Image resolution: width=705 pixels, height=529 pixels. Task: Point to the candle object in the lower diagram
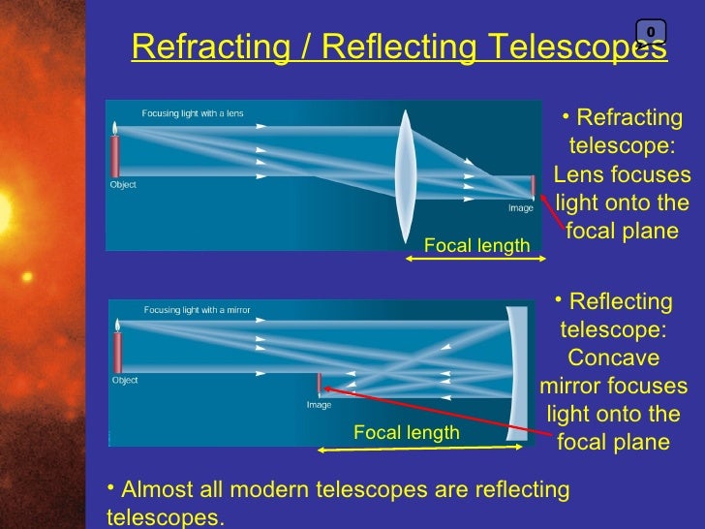pos(117,349)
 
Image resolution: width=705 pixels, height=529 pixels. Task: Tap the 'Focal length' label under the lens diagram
pos(477,246)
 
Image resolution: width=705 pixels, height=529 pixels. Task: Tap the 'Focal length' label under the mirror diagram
pos(406,433)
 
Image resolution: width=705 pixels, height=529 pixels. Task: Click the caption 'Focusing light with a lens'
pos(193,113)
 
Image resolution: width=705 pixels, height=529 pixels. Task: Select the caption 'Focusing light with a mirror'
pos(197,310)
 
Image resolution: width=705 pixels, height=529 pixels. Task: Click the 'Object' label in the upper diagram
pos(123,185)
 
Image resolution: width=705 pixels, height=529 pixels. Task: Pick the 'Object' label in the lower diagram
pos(125,381)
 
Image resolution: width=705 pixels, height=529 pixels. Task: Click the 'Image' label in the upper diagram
pos(521,208)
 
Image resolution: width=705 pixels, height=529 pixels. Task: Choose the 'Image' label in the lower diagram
pos(320,405)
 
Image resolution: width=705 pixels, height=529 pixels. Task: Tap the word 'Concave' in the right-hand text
pos(613,358)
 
